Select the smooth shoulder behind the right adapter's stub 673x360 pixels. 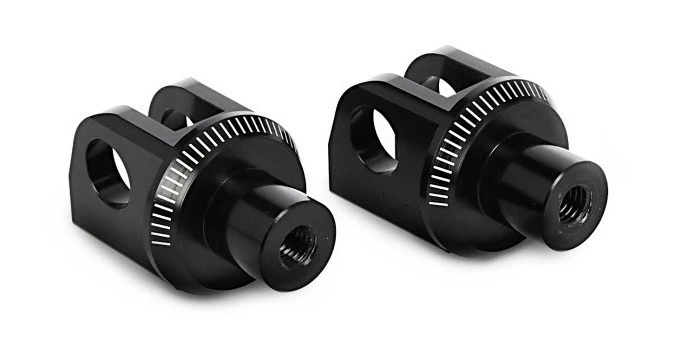[x=500, y=205]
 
